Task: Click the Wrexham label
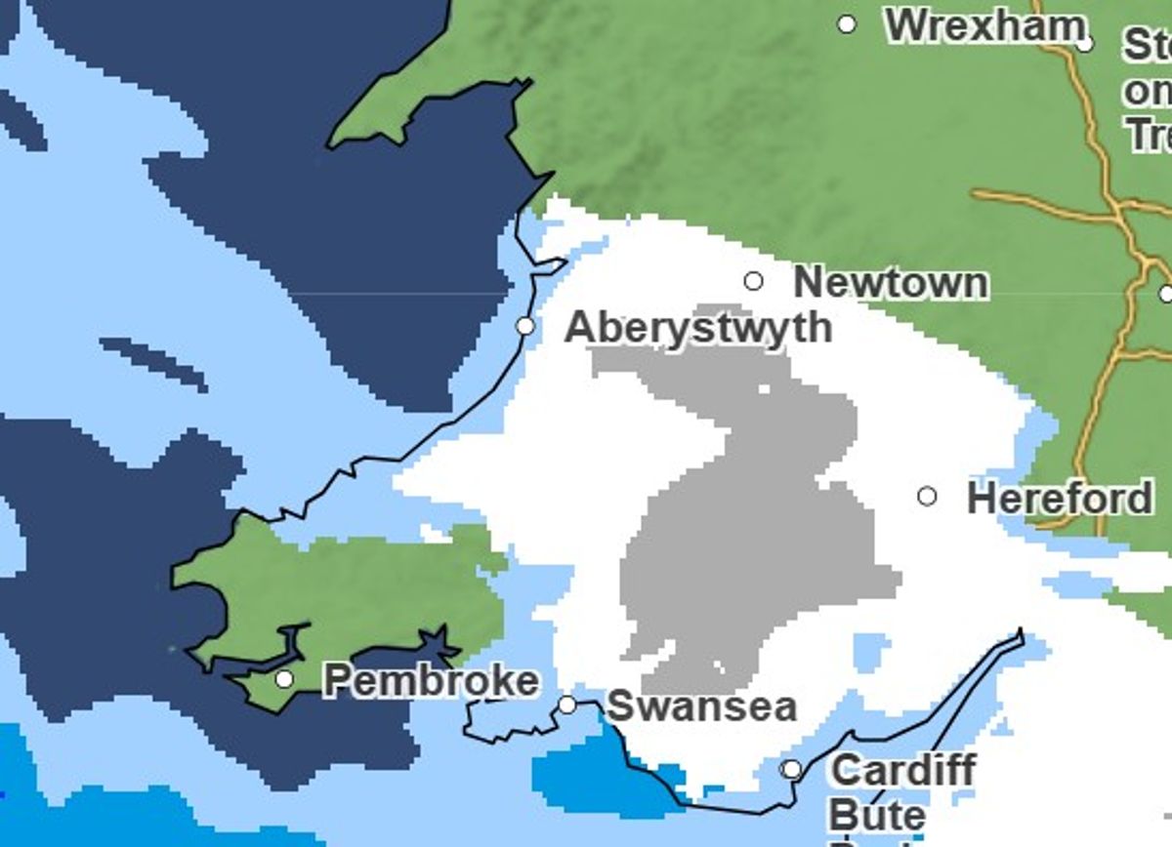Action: coord(984,26)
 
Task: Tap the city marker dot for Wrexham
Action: coord(847,24)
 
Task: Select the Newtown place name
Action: coord(890,283)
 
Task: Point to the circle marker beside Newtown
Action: coord(753,281)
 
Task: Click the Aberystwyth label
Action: coord(698,328)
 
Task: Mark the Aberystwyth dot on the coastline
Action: coord(525,326)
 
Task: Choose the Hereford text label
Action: coord(1060,499)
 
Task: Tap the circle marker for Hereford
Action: coord(927,497)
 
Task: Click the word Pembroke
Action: coord(430,680)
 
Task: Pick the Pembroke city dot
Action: coord(284,678)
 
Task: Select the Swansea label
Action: coord(701,706)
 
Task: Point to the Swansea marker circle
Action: coord(567,705)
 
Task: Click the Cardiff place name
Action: coord(902,771)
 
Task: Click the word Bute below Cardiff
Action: coord(876,815)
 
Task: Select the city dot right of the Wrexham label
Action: coord(1085,44)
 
